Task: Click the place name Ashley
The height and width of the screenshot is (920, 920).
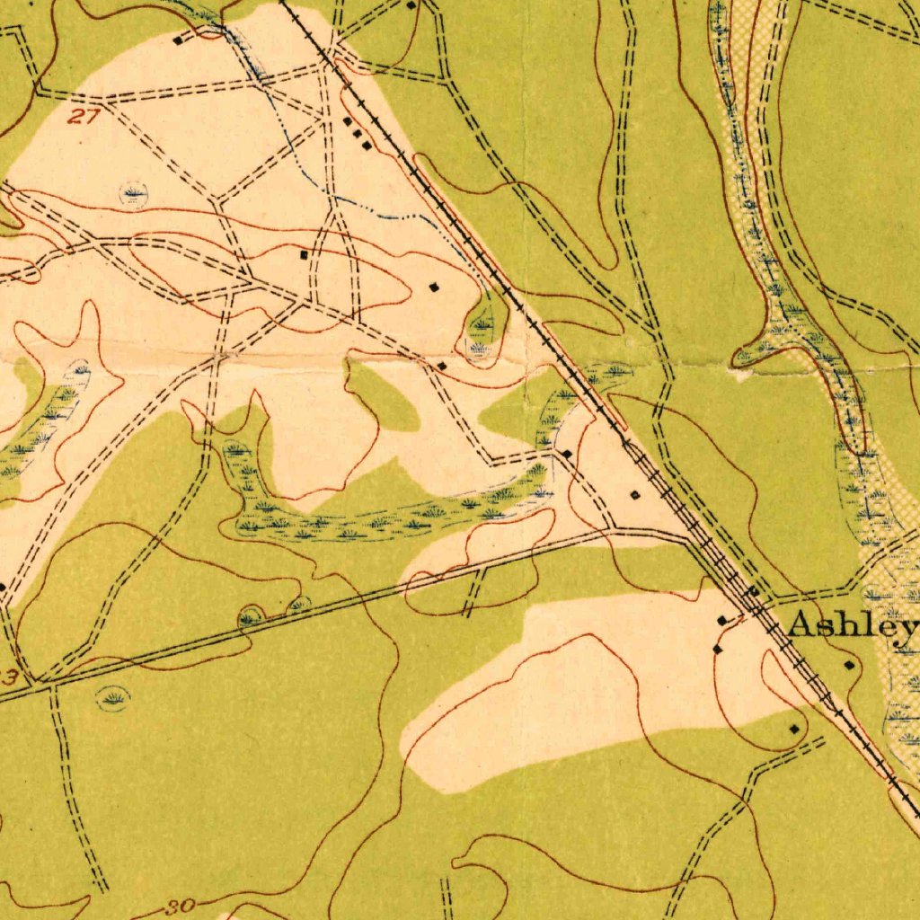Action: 852,625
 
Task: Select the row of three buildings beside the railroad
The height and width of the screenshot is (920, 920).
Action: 357,133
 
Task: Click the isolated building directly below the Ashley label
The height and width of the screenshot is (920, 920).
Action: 850,665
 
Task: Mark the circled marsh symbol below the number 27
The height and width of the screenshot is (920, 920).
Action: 133,192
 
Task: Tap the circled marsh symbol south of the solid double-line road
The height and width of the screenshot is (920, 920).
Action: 113,696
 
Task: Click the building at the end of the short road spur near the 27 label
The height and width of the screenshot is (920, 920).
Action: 177,40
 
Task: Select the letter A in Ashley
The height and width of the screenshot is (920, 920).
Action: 801,625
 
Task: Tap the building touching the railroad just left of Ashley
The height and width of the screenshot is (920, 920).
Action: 752,590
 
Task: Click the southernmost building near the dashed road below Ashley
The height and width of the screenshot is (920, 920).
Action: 793,729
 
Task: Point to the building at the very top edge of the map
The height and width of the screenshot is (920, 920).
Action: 411,5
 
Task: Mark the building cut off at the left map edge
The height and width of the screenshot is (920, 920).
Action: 3,587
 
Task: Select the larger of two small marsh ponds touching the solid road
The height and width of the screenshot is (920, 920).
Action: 251,616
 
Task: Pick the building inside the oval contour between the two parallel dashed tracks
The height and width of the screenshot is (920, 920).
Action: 304,255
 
